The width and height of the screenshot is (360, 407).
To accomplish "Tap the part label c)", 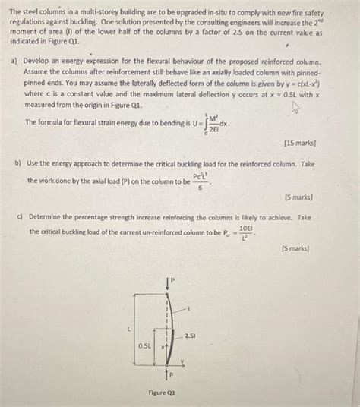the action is [20, 216].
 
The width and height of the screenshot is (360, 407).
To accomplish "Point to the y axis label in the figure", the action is [182, 361].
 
